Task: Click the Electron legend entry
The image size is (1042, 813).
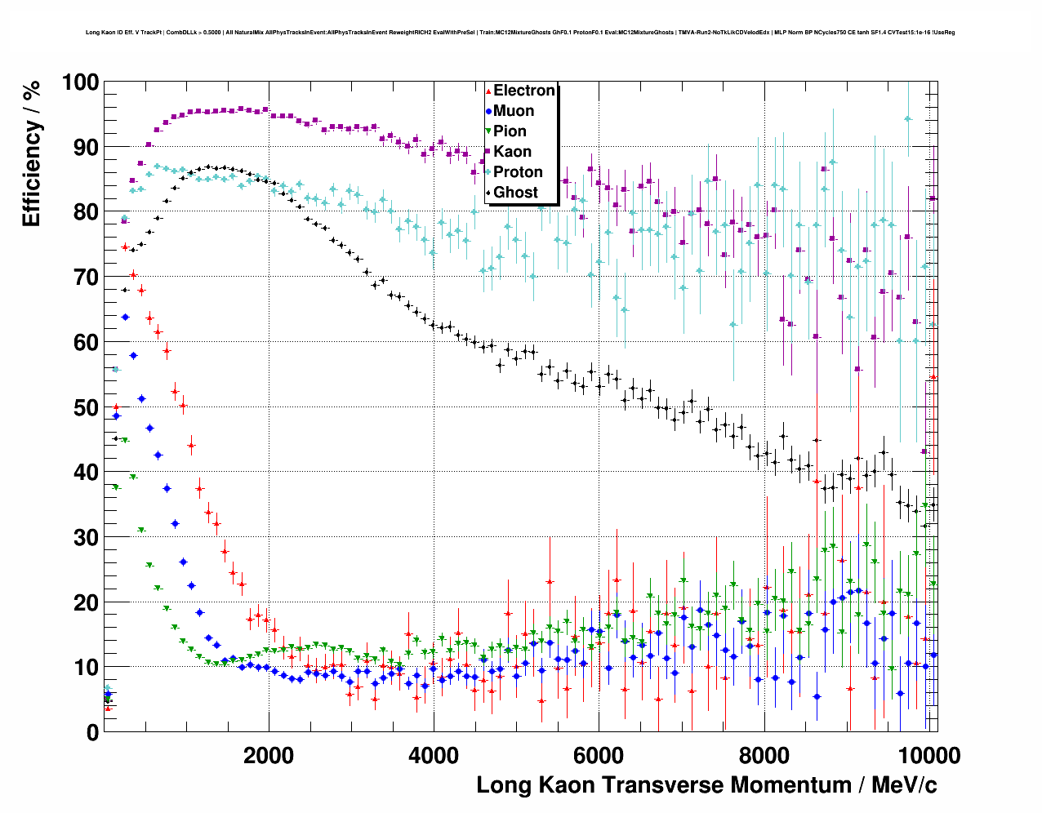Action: pos(523,91)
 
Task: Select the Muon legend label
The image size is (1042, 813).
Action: pos(513,111)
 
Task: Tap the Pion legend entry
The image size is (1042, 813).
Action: pos(510,131)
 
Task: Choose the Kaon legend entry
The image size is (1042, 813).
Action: pos(512,152)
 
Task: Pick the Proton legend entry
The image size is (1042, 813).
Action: pos(518,172)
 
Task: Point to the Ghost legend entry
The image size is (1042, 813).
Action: pos(515,193)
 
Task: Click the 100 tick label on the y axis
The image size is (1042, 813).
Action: pos(80,82)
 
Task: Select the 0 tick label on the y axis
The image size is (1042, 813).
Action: pos(92,733)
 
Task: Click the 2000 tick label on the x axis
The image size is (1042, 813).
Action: pos(269,755)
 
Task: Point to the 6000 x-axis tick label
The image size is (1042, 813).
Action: pos(599,755)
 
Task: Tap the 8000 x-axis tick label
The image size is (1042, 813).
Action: pos(764,755)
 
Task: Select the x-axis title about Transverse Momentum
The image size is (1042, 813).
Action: pos(706,785)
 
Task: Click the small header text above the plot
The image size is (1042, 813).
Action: pos(520,33)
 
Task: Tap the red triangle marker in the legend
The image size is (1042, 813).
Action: pos(488,91)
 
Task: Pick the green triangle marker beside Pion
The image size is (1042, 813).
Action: pos(488,131)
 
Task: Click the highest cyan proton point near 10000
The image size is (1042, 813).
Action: pos(907,118)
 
